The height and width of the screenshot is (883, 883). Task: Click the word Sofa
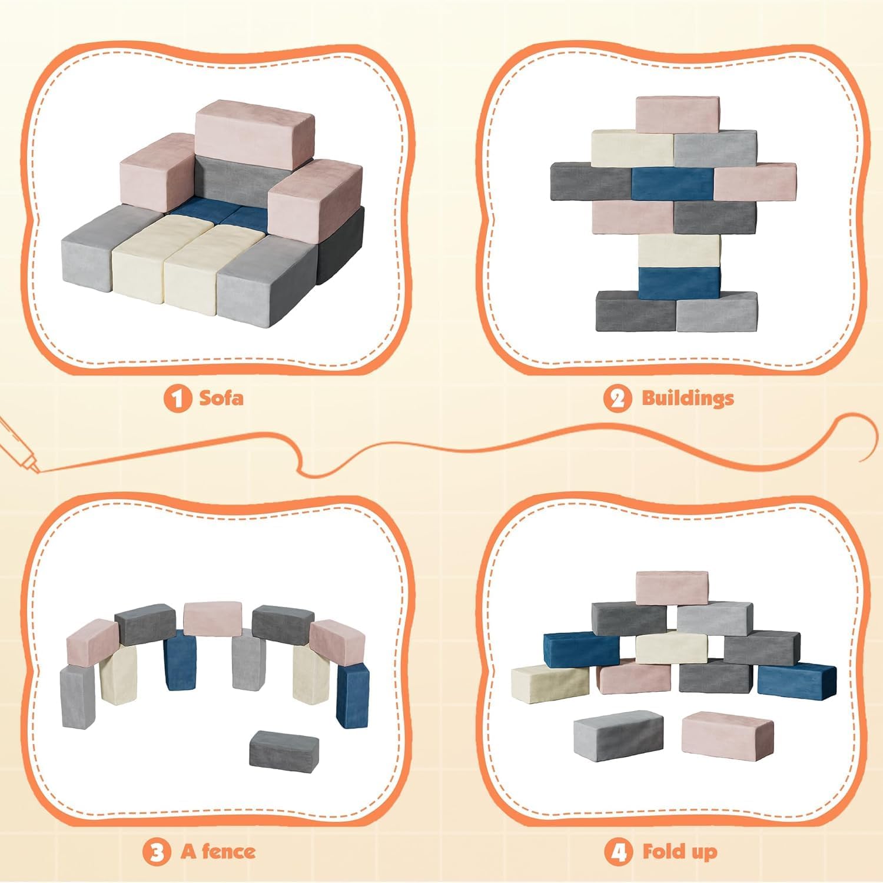[x=221, y=398]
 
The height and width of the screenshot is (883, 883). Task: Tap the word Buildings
[x=688, y=398]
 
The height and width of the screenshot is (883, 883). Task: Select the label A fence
[x=218, y=851]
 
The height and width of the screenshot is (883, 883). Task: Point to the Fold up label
[x=679, y=851]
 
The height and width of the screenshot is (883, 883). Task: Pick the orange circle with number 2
[x=617, y=399]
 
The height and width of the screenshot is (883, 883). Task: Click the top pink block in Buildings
[x=677, y=115]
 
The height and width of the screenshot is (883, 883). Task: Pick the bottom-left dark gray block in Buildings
[x=636, y=311]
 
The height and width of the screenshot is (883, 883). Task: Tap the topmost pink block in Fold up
[x=672, y=587]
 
